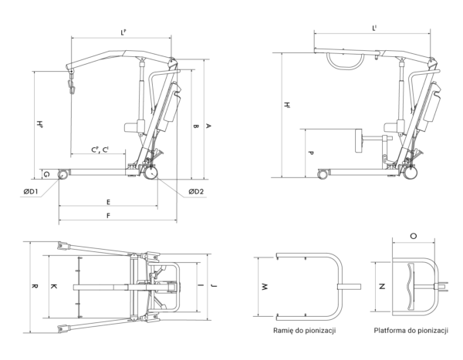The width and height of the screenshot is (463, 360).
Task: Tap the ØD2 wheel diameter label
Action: pos(196,191)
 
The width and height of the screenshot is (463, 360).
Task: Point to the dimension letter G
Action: pos(47,175)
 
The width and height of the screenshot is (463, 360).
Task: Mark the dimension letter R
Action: pos(34,286)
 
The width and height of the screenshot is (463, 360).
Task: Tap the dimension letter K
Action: pos(53,286)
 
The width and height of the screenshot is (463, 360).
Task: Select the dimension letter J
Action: pos(213,286)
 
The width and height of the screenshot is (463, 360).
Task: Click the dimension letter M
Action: pos(265,287)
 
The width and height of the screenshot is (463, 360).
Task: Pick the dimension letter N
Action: pos(382,286)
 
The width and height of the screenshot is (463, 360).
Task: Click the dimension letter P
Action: pos(310,153)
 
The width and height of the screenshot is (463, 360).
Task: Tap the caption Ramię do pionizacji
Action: pos(305,331)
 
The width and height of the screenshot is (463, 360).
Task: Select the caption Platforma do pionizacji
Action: pos(411,331)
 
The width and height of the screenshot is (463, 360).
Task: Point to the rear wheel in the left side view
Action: pos(151,173)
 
